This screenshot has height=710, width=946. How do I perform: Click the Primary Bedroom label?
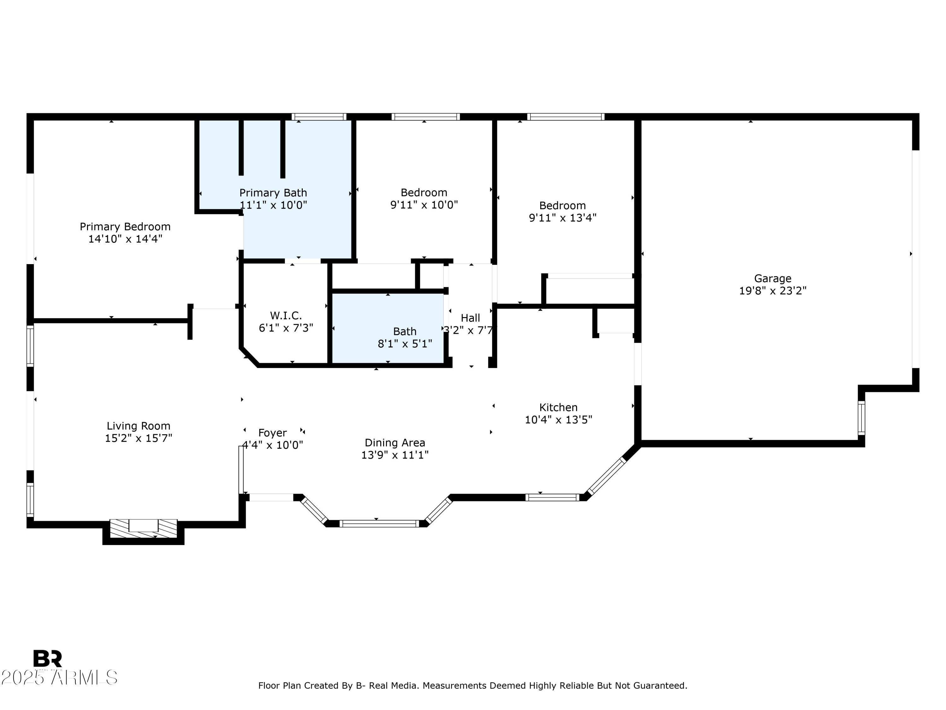125,226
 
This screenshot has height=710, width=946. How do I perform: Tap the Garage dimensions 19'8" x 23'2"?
772,291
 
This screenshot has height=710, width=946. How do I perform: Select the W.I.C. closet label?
286,316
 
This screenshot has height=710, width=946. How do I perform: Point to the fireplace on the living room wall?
143,528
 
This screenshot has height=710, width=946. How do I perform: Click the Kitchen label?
558,407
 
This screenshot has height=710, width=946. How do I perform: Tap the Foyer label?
272,433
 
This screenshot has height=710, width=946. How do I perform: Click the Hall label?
470,318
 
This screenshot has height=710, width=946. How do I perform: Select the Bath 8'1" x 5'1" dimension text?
405,344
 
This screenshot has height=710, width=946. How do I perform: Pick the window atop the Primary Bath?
318,117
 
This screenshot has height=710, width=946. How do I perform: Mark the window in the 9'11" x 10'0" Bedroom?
425,117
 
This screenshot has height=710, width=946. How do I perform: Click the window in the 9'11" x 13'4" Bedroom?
565,117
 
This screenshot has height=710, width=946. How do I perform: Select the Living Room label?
138,426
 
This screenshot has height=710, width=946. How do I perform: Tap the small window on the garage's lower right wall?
861,418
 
